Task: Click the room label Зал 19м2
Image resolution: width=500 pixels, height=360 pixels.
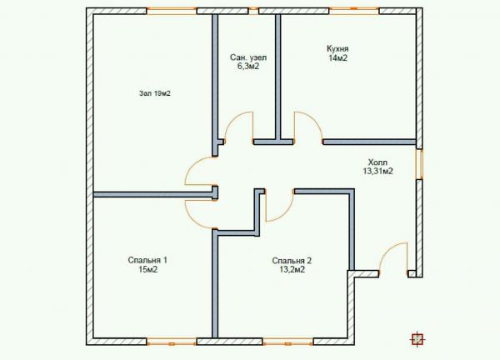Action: tap(155, 93)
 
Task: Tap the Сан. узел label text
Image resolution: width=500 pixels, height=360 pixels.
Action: tap(248, 57)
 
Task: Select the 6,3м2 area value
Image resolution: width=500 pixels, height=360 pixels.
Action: tap(248, 67)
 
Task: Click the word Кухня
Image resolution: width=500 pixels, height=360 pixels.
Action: tap(337, 49)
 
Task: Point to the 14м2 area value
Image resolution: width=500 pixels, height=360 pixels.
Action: tap(337, 58)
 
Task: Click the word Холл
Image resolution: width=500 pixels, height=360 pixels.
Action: tap(377, 162)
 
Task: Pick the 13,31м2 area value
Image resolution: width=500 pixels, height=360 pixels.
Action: tap(377, 171)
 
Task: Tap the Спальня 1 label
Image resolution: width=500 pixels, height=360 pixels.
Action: tap(147, 260)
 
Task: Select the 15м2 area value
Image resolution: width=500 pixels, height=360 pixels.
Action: tap(147, 269)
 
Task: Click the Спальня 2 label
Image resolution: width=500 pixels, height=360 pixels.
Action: tap(292, 261)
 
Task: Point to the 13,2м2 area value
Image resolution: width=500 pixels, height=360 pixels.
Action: tap(292, 270)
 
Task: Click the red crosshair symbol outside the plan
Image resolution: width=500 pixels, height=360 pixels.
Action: tap(417, 339)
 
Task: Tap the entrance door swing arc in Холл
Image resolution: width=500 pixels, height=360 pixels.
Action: tap(387, 250)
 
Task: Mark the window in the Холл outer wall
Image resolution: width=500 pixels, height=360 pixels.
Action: tap(419, 164)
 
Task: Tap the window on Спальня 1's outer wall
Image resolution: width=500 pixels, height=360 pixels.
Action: tap(172, 342)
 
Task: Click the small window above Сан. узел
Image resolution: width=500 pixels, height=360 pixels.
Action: tap(253, 11)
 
